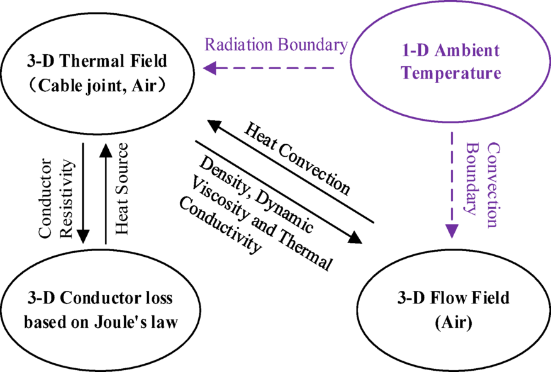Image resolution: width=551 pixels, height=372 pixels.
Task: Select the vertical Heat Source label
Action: (x=122, y=188)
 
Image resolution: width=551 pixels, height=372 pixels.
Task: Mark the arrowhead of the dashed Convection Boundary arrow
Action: (x=452, y=231)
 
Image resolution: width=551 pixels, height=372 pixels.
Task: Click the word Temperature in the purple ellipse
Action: (x=452, y=74)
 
